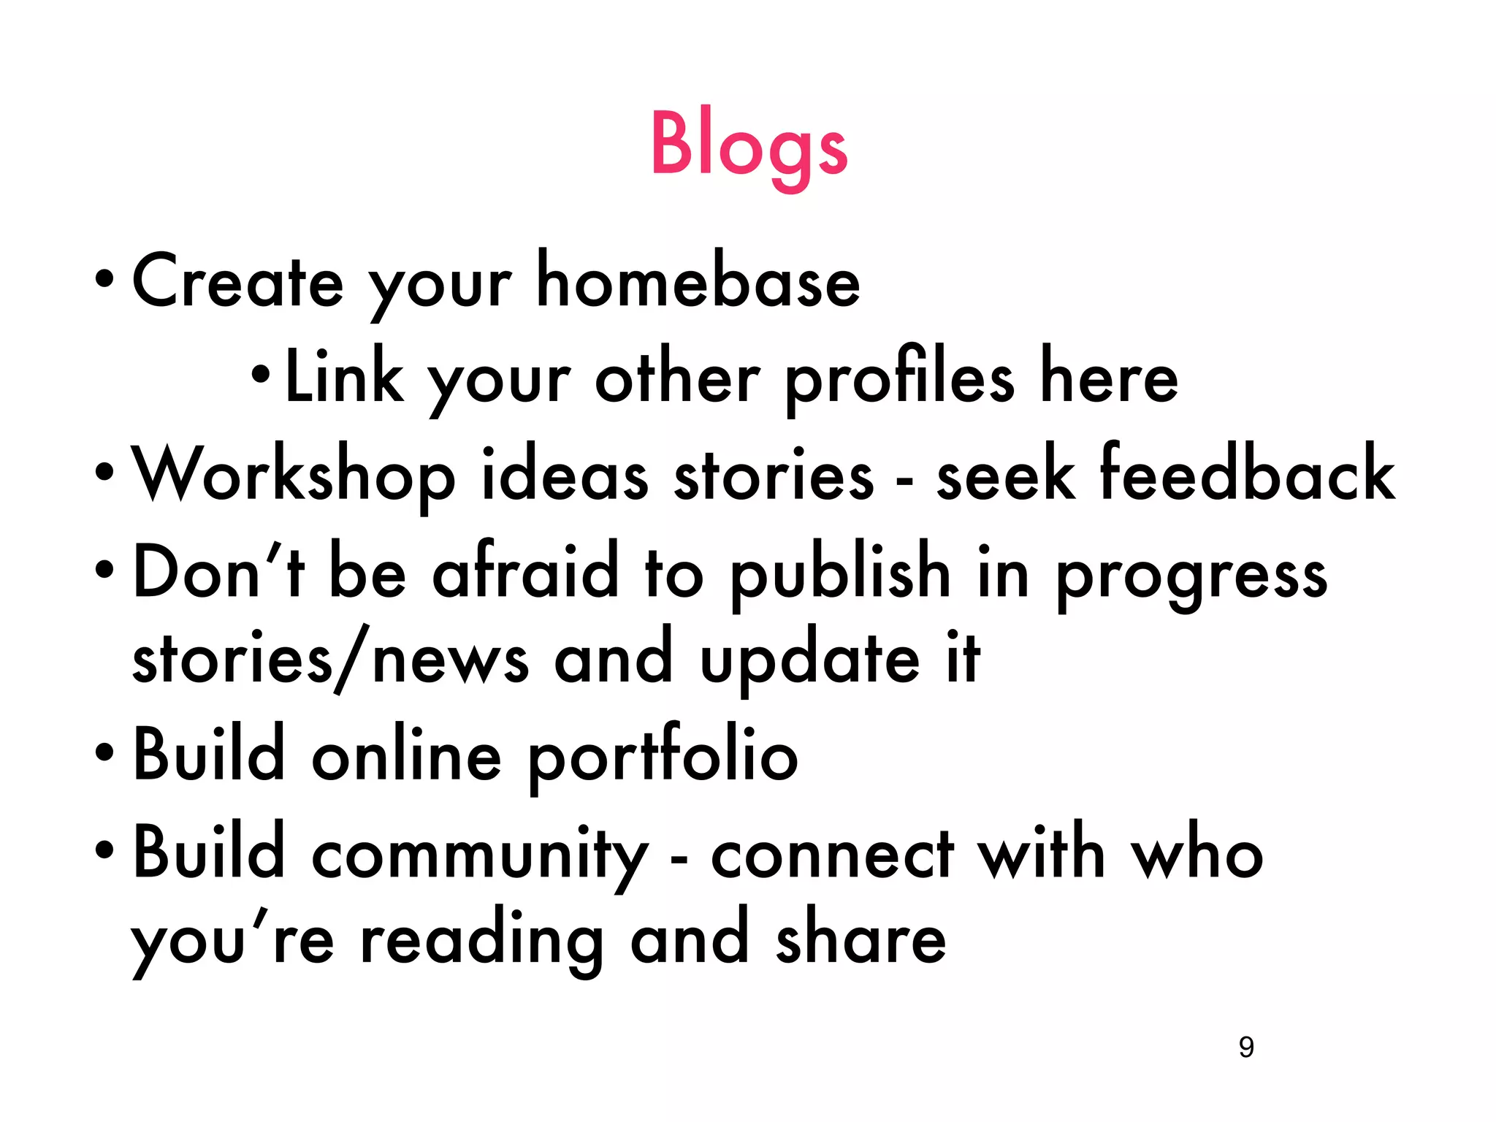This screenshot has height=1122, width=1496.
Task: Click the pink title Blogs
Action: coord(749,146)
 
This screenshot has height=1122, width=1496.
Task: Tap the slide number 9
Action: coord(1246,1047)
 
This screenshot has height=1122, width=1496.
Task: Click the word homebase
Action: coord(698,281)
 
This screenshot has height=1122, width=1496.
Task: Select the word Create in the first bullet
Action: coord(237,281)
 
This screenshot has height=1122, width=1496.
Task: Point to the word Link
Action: coord(344,376)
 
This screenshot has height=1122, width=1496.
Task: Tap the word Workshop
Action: coord(293,475)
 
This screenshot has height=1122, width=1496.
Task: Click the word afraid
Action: coord(526,571)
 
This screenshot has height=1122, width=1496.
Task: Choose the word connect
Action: coord(832,855)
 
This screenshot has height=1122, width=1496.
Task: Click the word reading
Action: coord(482,942)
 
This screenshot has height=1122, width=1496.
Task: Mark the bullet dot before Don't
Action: coord(104,569)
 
